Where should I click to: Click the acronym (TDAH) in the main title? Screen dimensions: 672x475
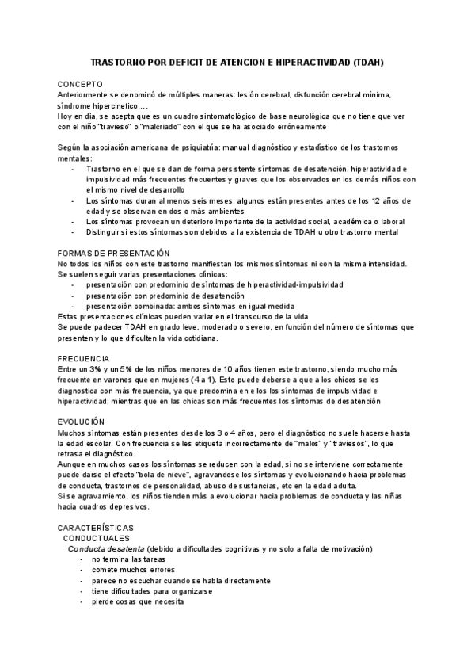click(368, 61)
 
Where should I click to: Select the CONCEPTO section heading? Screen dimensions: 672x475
click(80, 83)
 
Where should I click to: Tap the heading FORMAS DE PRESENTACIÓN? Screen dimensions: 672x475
click(114, 253)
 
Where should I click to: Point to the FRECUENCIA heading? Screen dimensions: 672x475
click(84, 359)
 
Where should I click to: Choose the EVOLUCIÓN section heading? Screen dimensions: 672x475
click(82, 422)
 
